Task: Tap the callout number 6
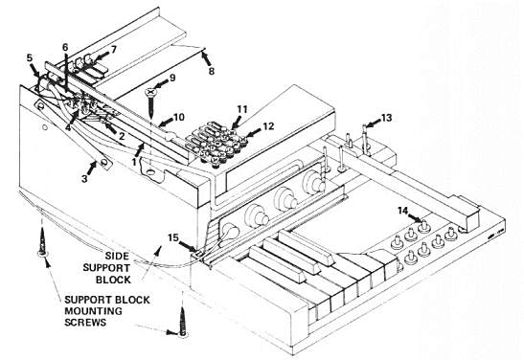click(x=65, y=47)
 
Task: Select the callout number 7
click(x=113, y=48)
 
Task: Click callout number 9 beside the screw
click(x=172, y=77)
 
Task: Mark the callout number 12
click(x=267, y=125)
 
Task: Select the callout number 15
click(x=173, y=236)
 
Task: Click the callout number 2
click(x=122, y=137)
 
